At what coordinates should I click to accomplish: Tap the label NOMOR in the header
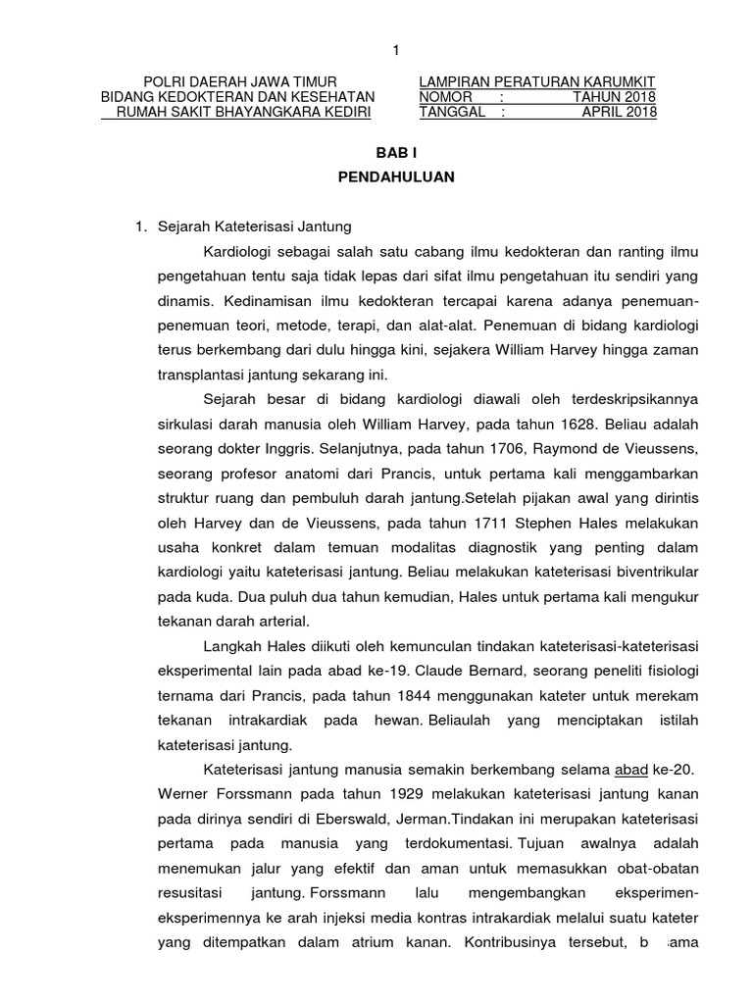pyautogui.click(x=445, y=96)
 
